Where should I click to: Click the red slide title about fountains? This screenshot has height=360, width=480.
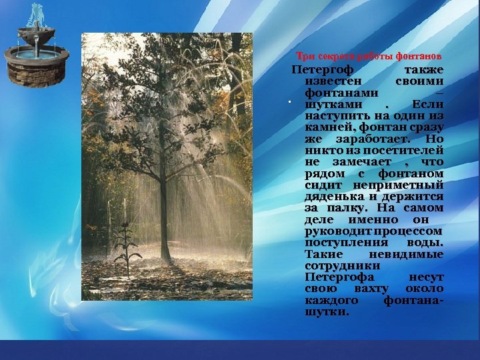369,55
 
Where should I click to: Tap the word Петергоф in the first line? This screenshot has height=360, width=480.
323,69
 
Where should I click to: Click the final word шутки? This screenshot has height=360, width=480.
325,312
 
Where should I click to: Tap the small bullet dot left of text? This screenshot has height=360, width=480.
291,103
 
